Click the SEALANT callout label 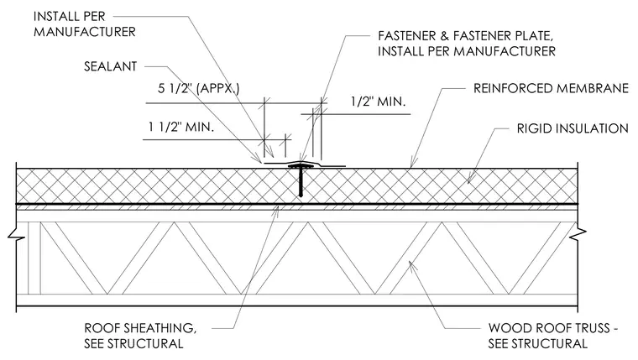[x=110, y=66]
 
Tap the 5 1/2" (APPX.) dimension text [x=199, y=88]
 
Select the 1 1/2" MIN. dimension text [x=181, y=127]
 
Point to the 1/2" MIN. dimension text [x=378, y=102]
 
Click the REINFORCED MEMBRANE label [x=551, y=88]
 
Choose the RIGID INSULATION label [x=573, y=128]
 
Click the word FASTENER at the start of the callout [x=407, y=36]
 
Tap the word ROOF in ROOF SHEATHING [x=98, y=328]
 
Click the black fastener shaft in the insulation [x=301, y=183]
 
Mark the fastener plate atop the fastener [x=301, y=166]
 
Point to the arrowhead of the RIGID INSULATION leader [x=470, y=180]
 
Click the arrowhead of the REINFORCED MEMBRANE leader [x=412, y=163]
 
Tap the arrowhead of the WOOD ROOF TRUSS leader [x=411, y=265]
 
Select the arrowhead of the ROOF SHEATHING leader [x=277, y=211]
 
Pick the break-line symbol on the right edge [x=578, y=234]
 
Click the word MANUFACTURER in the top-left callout [x=85, y=32]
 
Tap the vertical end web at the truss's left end [x=34, y=258]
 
